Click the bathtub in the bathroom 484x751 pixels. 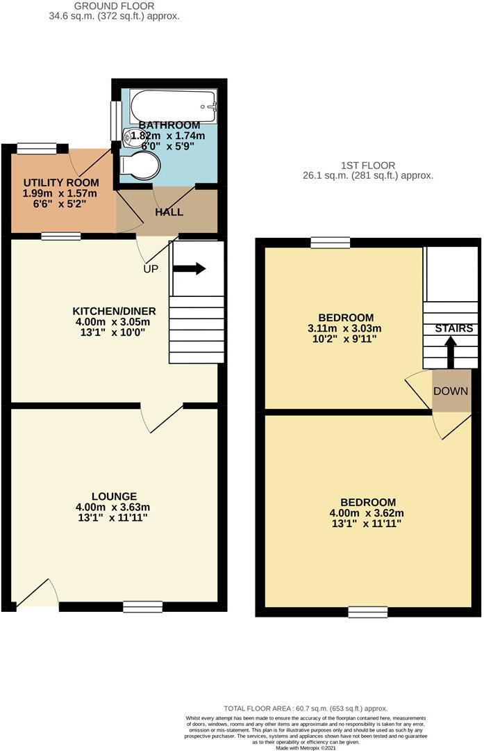[174, 106]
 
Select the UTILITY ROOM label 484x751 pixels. [60, 182]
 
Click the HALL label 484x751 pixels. [169, 211]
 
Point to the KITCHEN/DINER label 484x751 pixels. [115, 311]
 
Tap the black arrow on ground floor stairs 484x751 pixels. [190, 268]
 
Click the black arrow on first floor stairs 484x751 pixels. [450, 350]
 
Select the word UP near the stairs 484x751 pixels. [151, 268]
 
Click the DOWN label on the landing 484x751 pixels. [451, 391]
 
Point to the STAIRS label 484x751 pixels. [454, 328]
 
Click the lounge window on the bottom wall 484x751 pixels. [142, 606]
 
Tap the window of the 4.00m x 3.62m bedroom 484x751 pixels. [367, 612]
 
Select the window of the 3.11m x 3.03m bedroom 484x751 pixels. [330, 242]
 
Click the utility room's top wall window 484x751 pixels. [37, 147]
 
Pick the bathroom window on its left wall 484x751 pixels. [114, 121]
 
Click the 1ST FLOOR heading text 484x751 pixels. [368, 165]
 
